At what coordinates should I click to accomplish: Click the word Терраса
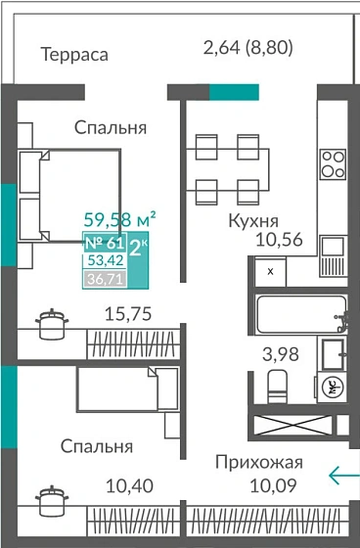pos(74,54)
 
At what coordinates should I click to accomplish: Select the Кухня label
pos(252,220)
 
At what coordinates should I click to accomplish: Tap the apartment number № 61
pos(105,243)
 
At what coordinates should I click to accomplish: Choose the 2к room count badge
pos(139,245)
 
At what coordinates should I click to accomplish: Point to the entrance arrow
pos(342,477)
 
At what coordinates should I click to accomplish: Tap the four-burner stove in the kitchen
pos(333,160)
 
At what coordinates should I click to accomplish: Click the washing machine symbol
pos(333,387)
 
